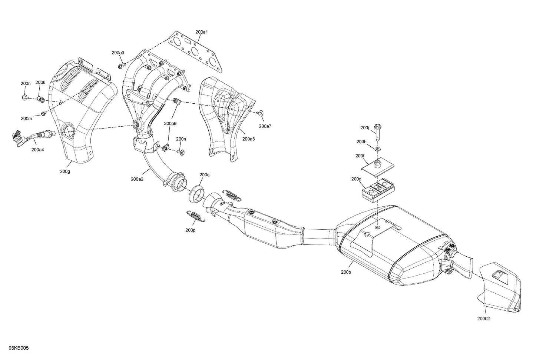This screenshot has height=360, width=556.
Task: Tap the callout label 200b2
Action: click(x=483, y=319)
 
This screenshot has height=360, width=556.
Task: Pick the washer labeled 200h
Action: click(x=377, y=149)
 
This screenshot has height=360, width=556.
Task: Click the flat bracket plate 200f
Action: click(x=378, y=166)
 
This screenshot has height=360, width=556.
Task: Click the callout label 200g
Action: click(x=64, y=171)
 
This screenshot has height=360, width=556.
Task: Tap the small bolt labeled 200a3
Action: click(x=120, y=67)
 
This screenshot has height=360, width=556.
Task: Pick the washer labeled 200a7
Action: click(x=261, y=113)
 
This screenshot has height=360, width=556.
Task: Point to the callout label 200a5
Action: click(x=248, y=139)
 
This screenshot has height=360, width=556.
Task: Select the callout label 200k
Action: click(x=40, y=83)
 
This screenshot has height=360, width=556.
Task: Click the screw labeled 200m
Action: click(x=43, y=113)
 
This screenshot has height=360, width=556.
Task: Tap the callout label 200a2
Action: click(x=137, y=179)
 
